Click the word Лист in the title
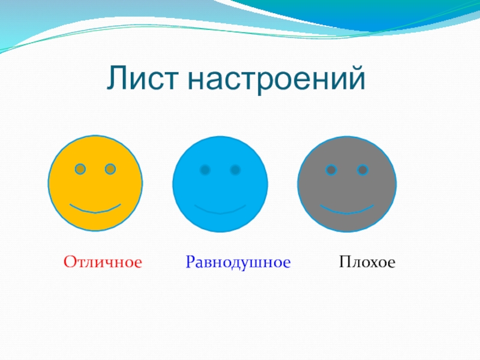(142, 78)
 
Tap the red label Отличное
(103, 262)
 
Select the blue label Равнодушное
(238, 263)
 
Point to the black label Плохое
(367, 262)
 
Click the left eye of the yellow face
(80, 169)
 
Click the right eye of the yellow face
(110, 169)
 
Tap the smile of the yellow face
(95, 211)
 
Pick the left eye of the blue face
(205, 170)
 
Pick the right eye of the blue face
(235, 170)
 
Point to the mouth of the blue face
(220, 212)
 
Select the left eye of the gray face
(331, 170)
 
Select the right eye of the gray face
(362, 170)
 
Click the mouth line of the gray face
(347, 212)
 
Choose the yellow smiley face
(95, 183)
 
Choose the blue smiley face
(220, 184)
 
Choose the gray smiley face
(347, 184)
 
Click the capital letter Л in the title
(117, 78)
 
